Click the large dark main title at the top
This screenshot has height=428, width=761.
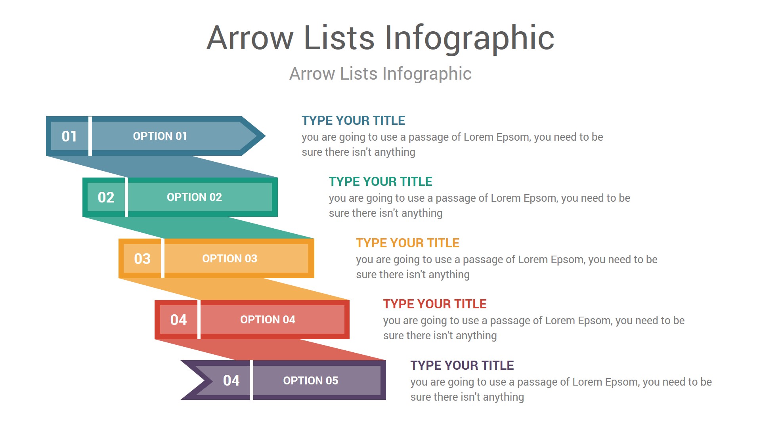380,38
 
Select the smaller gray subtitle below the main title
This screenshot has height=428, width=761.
380,74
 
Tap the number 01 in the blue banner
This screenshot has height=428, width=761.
69,136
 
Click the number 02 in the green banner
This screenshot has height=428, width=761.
106,197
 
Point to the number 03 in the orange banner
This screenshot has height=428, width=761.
142,259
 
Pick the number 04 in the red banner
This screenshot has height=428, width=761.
178,320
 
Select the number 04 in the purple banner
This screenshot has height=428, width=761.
231,381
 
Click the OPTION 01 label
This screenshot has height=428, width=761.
160,136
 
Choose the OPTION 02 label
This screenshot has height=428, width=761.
194,197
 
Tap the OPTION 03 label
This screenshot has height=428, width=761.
229,259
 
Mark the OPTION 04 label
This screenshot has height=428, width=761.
268,320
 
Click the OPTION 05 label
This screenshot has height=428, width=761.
310,381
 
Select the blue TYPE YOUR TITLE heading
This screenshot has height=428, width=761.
353,120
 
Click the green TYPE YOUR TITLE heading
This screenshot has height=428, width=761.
380,182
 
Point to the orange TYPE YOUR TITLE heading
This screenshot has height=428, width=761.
407,243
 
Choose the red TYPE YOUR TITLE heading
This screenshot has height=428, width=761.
435,304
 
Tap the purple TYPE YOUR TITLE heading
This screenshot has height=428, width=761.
462,365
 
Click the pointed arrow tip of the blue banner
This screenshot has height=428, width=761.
265,136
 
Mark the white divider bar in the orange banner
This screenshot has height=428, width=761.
163,258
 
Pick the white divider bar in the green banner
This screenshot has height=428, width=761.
126,197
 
